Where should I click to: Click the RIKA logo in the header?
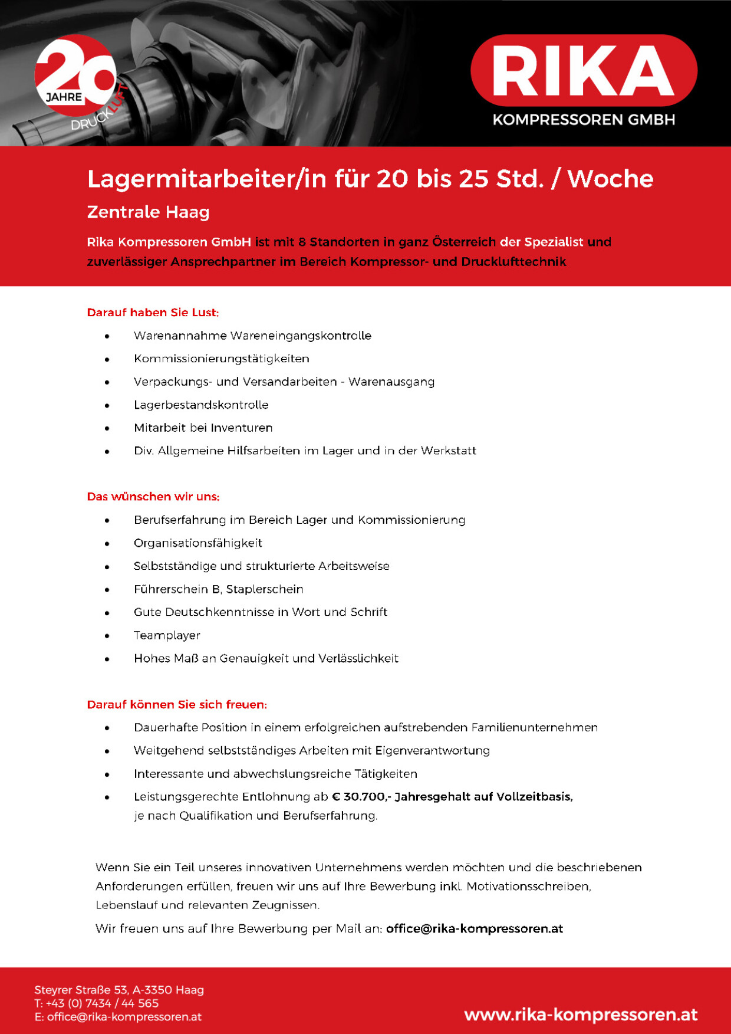(x=584, y=71)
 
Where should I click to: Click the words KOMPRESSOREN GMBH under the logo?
(x=584, y=120)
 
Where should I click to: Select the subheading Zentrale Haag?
(x=148, y=212)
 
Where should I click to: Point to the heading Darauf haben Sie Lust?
(x=153, y=313)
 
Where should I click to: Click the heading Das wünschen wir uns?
(x=153, y=497)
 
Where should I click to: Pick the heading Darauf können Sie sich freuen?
(x=177, y=704)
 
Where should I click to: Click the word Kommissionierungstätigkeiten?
(x=221, y=359)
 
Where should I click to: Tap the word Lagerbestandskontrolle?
(x=201, y=405)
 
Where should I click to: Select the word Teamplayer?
(x=167, y=635)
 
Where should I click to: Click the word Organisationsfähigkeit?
(x=197, y=543)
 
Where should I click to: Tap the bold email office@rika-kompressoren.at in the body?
(x=475, y=928)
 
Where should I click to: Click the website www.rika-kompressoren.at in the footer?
(x=581, y=1015)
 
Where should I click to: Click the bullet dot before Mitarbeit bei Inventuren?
(x=107, y=428)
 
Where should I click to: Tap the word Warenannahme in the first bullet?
(x=180, y=336)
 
